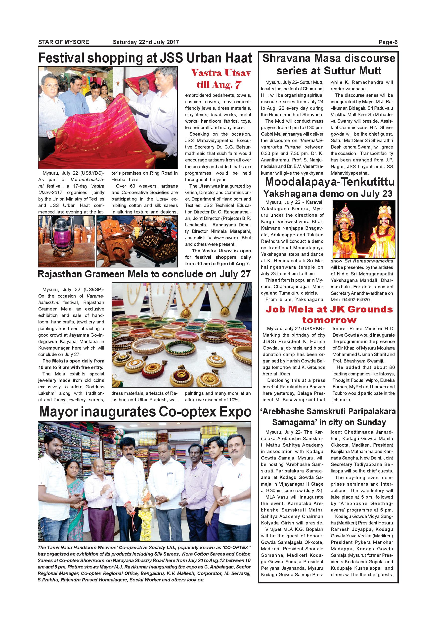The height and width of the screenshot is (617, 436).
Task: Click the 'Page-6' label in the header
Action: click(x=388, y=42)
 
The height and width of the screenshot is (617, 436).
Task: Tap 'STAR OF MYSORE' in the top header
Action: click(x=64, y=42)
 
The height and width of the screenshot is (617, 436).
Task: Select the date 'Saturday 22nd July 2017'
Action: click(x=146, y=42)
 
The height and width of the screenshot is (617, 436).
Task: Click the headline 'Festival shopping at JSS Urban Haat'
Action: click(x=145, y=58)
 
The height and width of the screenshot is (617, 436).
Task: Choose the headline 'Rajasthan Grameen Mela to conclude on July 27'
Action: click(x=144, y=274)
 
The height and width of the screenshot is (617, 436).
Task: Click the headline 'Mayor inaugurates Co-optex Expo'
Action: click(x=145, y=412)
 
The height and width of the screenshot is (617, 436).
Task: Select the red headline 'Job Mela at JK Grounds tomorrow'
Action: click(x=329, y=315)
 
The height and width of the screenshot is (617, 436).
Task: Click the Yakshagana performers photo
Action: click(x=364, y=229)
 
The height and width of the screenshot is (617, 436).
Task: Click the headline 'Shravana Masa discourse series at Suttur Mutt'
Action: click(x=329, y=64)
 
